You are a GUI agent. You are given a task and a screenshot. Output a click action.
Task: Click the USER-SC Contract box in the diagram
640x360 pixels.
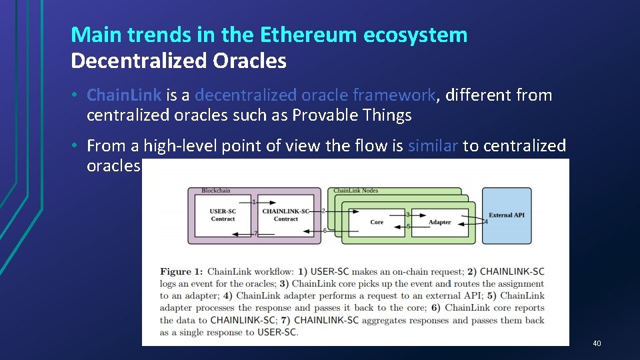[x=223, y=215]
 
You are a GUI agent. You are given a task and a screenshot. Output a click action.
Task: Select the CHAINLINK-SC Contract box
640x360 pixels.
[x=285, y=215]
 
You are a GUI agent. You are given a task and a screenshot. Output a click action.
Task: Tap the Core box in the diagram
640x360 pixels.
[x=377, y=222]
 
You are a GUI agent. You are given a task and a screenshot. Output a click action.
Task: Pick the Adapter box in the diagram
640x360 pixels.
[x=440, y=222]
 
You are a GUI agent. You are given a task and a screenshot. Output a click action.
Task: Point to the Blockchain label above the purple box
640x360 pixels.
[x=216, y=191]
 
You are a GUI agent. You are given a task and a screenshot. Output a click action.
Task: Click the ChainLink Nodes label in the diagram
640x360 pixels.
[x=355, y=191]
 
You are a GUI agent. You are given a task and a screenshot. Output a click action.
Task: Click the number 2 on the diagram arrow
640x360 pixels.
[x=323, y=211]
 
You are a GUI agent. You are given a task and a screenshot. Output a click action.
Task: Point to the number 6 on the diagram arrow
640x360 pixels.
[x=324, y=231]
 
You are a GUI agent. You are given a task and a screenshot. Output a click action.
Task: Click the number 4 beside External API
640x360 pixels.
[x=486, y=221]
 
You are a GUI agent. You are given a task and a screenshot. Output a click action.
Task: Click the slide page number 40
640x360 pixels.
[x=597, y=343]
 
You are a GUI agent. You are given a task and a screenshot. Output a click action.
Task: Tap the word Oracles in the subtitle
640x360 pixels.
[x=250, y=61]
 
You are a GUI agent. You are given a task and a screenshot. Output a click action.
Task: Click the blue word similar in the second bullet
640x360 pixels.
[x=433, y=145]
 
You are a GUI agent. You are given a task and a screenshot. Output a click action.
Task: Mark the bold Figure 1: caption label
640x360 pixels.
[x=181, y=271]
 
